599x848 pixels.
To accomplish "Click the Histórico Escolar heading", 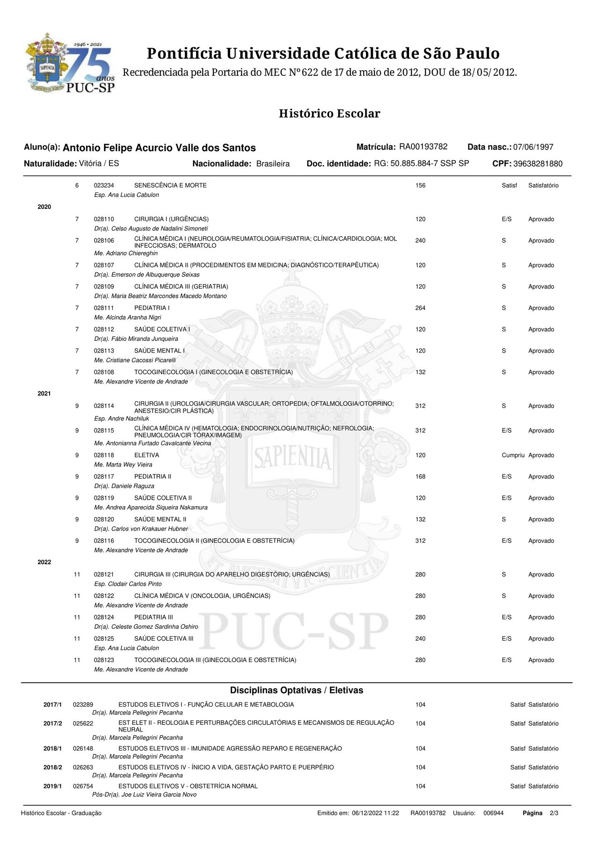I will click(329, 113).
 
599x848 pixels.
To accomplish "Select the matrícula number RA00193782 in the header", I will click(423, 147).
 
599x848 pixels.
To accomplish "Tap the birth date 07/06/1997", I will click(533, 147).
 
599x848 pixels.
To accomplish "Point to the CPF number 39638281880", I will click(538, 164).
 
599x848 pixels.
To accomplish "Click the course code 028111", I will click(104, 308).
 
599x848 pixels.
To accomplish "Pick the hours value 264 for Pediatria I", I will click(420, 308).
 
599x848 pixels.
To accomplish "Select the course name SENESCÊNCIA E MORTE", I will click(170, 185).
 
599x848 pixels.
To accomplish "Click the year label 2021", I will click(44, 394).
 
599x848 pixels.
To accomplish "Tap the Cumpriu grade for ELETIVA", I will click(513, 455).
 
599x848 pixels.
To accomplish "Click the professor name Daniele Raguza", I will click(124, 486).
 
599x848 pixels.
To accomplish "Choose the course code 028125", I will click(104, 639).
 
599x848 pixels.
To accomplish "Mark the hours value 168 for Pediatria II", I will click(420, 477).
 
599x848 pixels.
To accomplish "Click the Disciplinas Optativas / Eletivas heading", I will click(296, 690).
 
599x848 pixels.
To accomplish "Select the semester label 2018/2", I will click(52, 767).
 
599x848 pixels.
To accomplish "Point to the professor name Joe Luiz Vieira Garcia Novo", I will click(144, 795).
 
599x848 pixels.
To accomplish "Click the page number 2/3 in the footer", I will click(554, 813).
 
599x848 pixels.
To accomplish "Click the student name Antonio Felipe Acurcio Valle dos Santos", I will click(159, 148).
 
